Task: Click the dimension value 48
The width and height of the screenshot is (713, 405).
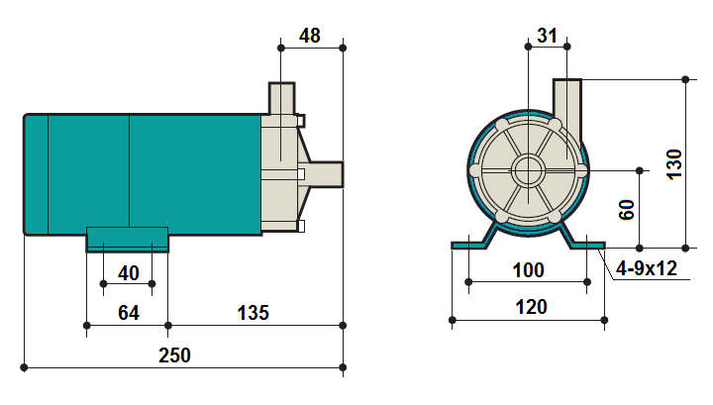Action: [310, 36]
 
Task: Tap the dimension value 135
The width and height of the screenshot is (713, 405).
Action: [253, 313]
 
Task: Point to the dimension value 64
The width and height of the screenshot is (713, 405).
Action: [128, 313]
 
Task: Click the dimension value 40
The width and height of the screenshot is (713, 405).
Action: [128, 272]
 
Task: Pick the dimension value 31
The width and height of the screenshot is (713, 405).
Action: [547, 36]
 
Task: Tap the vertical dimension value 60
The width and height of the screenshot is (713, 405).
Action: [627, 209]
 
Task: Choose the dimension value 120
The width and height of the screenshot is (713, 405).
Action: [531, 307]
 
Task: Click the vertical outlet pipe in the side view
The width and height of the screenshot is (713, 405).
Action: [281, 99]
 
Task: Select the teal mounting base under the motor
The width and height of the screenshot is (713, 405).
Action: [127, 239]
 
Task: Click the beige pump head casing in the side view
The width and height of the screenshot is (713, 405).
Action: [279, 173]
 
